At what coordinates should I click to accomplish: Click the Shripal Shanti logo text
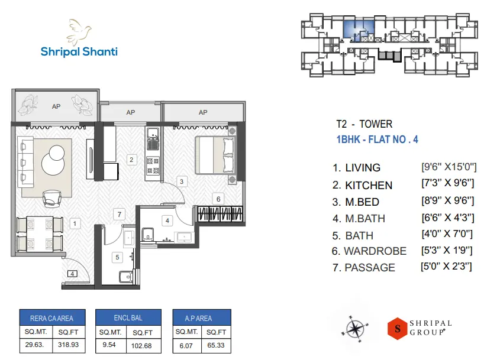coord(79,51)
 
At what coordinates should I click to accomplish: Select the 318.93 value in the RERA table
coord(69,344)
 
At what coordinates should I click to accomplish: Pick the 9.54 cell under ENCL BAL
coord(109,344)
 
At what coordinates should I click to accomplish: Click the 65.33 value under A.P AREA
coord(216,344)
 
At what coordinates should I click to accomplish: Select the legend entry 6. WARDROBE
coord(370,251)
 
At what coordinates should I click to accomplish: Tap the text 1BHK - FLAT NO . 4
coord(377,140)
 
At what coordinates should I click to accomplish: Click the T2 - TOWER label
coord(364,124)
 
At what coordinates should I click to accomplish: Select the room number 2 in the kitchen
coord(132,159)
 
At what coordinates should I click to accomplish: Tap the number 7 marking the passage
coord(120,214)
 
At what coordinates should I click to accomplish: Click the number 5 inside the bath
coord(117,257)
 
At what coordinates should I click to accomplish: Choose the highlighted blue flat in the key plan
coord(359,28)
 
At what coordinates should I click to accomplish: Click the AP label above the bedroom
coord(203,112)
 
